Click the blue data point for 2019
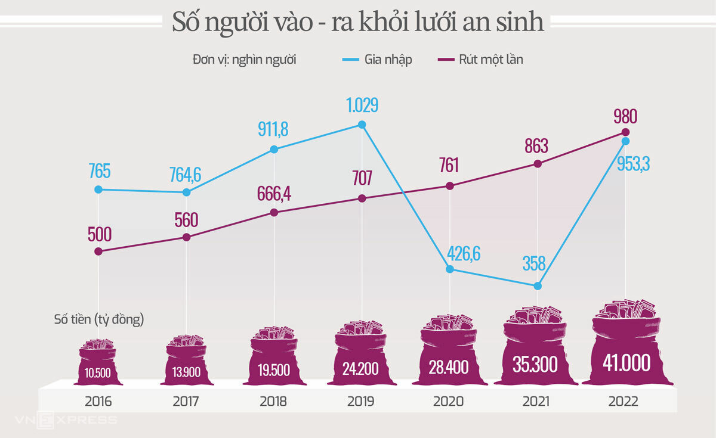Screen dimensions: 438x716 pos(362,125)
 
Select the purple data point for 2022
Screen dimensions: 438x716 pos(625,132)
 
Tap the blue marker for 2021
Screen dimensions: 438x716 pos(538,286)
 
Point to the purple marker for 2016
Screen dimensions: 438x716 pos(98,251)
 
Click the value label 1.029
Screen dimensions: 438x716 pos(362,105)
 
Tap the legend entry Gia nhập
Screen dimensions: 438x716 pos(377,59)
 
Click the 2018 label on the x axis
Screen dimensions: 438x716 pos(273,402)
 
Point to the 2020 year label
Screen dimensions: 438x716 pos(449,402)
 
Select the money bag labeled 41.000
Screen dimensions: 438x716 pos(626,349)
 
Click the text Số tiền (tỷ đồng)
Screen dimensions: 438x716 pos(99,320)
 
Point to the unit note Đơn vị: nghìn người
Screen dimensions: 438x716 pos(245,59)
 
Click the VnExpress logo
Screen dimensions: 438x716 pos(78,420)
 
